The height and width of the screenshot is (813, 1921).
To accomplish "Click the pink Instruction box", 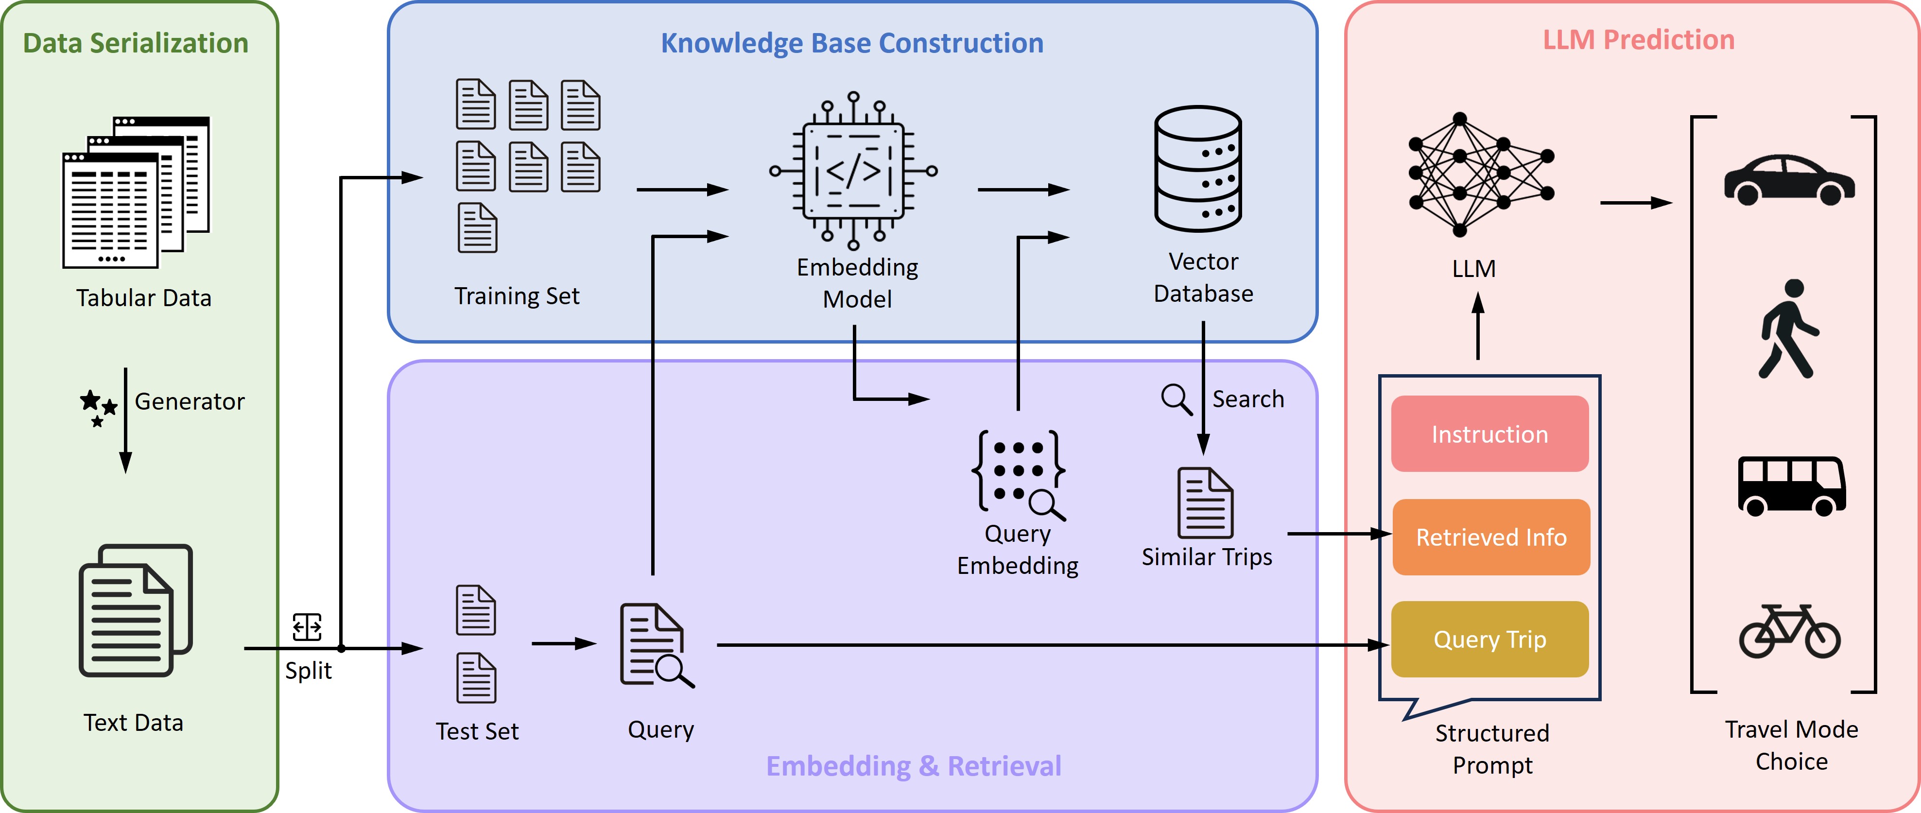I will [x=1489, y=434].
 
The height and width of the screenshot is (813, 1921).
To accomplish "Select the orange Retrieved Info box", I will [x=1491, y=537].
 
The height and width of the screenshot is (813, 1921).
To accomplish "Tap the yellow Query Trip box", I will [x=1489, y=639].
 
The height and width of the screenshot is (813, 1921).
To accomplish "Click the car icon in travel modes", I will [x=1789, y=180].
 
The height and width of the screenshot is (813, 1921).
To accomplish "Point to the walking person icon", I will [x=1789, y=329].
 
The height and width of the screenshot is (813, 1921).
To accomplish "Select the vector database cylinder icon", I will [x=1197, y=169].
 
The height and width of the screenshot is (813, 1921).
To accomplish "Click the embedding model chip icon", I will [x=853, y=171].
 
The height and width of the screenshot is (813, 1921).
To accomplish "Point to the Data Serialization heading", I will [x=135, y=43].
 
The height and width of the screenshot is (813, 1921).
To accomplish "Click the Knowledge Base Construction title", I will [x=851, y=43].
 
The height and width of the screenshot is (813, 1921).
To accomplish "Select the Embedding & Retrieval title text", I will [x=914, y=766].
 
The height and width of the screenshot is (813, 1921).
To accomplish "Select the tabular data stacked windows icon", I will [x=136, y=191].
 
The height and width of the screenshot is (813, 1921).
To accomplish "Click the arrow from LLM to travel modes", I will [x=1635, y=203].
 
